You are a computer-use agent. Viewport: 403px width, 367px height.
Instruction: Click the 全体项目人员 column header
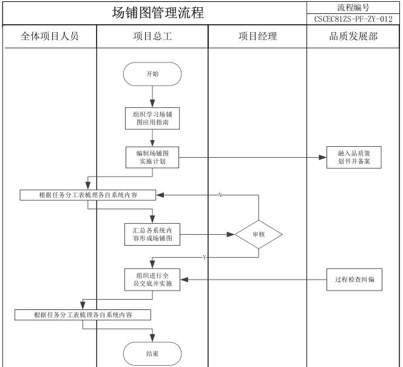(50, 36)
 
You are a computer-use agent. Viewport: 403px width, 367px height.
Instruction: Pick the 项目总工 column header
(152, 36)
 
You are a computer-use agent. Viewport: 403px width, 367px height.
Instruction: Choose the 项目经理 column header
(257, 36)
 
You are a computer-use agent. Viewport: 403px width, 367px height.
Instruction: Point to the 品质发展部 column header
(353, 36)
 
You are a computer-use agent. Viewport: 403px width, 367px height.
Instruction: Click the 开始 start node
(152, 75)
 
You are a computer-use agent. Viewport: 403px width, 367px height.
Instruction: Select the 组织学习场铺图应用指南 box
(152, 117)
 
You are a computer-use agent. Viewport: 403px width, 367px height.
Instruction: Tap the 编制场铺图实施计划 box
(152, 157)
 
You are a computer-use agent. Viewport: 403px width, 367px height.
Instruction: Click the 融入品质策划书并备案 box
(354, 157)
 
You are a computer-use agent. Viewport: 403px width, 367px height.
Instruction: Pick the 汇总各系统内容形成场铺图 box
(152, 234)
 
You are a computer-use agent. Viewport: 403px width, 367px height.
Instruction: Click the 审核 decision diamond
(259, 234)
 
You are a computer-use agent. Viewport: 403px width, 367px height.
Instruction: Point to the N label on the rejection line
(219, 195)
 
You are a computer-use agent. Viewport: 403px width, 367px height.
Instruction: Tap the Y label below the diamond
(204, 258)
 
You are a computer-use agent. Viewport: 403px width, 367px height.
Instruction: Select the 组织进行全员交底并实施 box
(152, 279)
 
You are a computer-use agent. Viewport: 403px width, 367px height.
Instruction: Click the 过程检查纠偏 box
(354, 279)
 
